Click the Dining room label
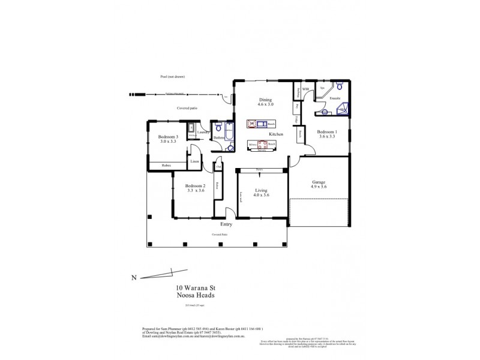point(265,100)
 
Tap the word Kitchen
point(276,133)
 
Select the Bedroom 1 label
point(328,131)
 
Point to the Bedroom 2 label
point(196,185)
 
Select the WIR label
point(305,89)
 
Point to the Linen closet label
point(194,162)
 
